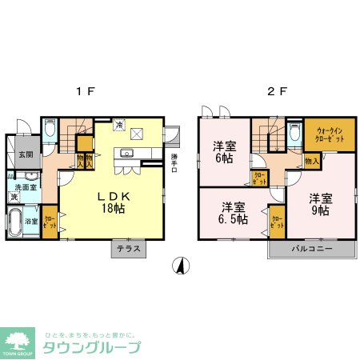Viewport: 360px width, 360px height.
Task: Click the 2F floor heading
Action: click(x=277, y=91)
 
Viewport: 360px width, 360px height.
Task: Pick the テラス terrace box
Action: click(x=129, y=250)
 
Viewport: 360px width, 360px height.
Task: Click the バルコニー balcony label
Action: click(x=310, y=249)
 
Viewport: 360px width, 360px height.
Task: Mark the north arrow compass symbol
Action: click(x=182, y=266)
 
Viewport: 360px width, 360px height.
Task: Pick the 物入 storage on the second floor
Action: click(x=312, y=161)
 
